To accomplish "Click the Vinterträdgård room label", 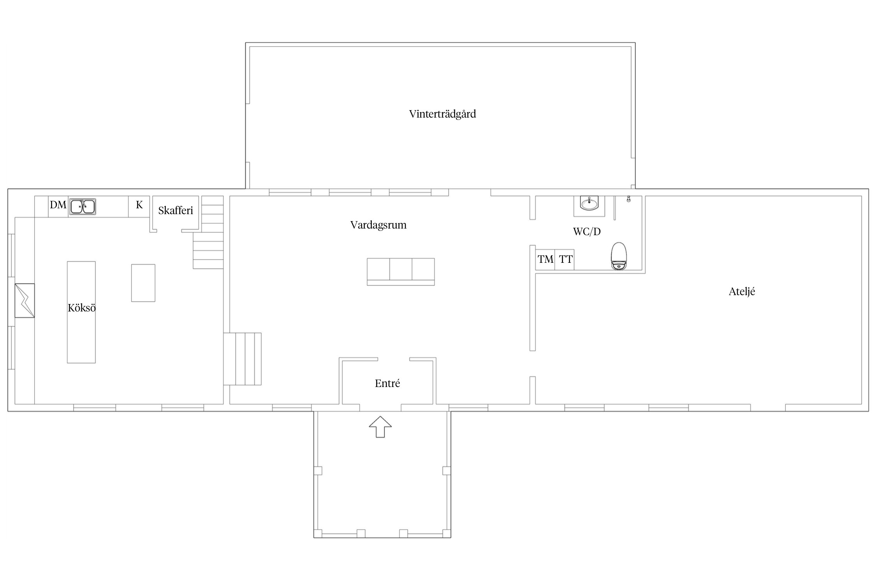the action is [x=442, y=114].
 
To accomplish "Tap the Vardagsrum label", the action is [x=378, y=225].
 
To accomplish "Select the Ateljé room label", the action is [x=742, y=292].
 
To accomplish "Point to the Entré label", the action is [x=387, y=383].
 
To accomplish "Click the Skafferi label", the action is [x=176, y=211].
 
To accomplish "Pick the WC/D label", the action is [x=587, y=232].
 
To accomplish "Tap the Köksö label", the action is [x=82, y=308].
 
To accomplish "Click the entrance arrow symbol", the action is [x=380, y=427].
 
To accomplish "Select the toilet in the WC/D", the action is [x=619, y=256].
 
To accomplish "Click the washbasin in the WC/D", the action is [x=589, y=203].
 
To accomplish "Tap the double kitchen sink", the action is [x=83, y=207].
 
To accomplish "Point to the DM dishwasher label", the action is [x=58, y=205].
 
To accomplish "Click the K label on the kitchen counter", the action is [x=139, y=205].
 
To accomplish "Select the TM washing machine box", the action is [x=545, y=260].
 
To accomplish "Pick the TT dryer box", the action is [x=565, y=260].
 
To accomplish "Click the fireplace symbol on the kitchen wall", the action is [x=25, y=301].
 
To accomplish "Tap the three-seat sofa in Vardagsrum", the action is [x=401, y=272].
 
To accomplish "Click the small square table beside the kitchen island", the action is [x=143, y=283].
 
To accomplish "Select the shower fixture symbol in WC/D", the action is [x=628, y=199].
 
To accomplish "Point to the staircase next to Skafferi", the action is [x=209, y=232].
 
